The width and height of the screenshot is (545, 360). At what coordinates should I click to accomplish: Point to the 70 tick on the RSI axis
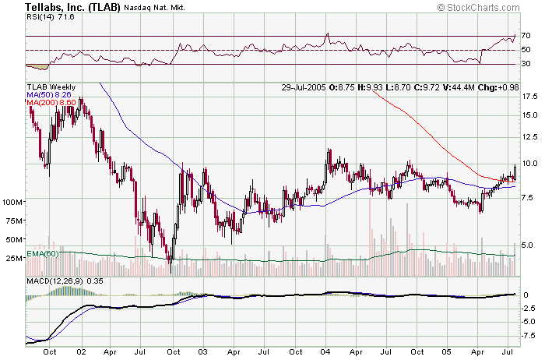(526, 36)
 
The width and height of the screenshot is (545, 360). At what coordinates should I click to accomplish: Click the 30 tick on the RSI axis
(526, 64)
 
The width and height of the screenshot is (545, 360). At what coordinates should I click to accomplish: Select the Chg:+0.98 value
(508, 87)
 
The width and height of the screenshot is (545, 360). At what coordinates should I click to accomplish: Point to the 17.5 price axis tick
(529, 97)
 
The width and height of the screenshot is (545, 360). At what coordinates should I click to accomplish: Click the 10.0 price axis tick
(529, 164)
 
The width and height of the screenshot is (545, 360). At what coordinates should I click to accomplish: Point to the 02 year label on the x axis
(80, 351)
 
